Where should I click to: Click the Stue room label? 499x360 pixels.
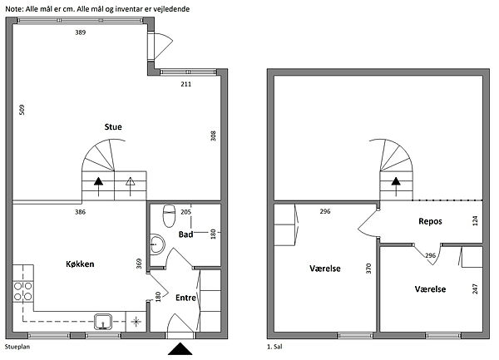point(113,127)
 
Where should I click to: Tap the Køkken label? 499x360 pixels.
point(80,264)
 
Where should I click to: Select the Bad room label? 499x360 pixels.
point(185,234)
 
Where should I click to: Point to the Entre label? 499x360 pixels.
point(185,298)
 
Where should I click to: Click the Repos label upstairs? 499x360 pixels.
point(430,221)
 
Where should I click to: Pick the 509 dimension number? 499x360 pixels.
point(22,110)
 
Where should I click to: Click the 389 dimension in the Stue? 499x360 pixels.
point(80,32)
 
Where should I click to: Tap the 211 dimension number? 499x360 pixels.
point(185,84)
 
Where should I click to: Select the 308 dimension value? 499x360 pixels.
point(213,136)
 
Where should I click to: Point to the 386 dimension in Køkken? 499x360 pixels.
point(80,212)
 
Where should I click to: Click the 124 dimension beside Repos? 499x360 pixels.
point(475,220)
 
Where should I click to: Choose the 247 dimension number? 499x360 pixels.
point(475,288)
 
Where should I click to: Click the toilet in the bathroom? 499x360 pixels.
point(169,216)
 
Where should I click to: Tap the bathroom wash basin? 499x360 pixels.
point(157,244)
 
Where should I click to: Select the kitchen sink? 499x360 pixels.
point(103,322)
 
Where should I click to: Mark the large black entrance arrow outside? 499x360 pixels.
point(180,349)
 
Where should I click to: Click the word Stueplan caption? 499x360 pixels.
point(17,347)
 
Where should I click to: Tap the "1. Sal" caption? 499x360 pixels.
point(274,347)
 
